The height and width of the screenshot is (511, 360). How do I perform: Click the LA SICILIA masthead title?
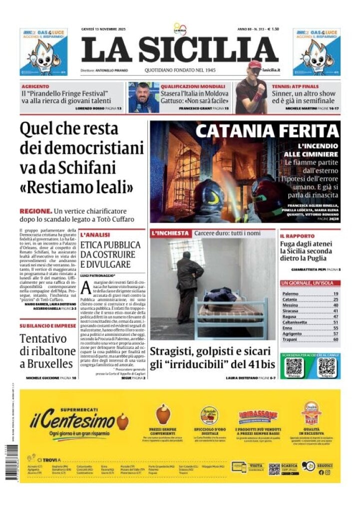pyautogui.click(x=179, y=50)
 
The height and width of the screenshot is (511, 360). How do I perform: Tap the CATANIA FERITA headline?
pyautogui.click(x=267, y=131)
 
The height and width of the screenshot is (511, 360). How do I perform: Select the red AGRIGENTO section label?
pyautogui.click(x=35, y=86)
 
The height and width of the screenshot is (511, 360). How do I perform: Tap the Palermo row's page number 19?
pyautogui.click(x=336, y=294)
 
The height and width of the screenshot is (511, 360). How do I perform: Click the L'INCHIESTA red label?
pyautogui.click(x=170, y=233)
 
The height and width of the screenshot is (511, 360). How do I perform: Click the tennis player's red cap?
pyautogui.click(x=255, y=64)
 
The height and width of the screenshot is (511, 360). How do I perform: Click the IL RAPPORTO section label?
pyautogui.click(x=297, y=236)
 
